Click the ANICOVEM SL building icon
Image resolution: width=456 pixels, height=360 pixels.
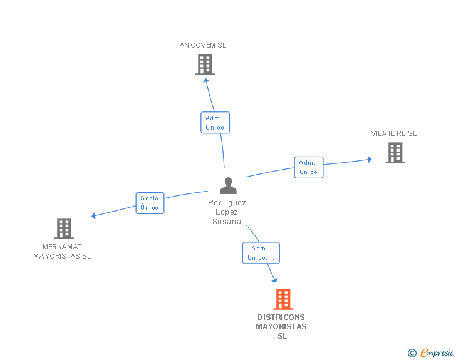click(205, 64)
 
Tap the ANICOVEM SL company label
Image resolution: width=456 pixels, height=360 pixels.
click(203, 45)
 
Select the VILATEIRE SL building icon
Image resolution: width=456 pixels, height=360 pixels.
click(395, 153)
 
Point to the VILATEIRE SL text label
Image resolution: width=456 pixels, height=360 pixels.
click(394, 133)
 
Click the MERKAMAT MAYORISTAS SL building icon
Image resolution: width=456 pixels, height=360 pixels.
click(64, 229)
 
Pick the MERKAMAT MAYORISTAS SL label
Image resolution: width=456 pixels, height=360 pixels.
click(62, 251)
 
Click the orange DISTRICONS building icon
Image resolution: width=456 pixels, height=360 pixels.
click(283, 299)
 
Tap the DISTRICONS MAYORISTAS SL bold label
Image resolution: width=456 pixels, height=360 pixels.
click(281, 327)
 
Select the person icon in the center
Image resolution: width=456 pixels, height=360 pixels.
click(228, 185)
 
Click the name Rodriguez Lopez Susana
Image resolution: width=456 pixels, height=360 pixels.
click(227, 212)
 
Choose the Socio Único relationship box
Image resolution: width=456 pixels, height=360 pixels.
click(150, 203)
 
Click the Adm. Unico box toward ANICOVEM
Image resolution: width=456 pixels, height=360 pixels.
click(215, 123)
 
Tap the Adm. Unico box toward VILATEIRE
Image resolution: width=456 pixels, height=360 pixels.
click(309, 167)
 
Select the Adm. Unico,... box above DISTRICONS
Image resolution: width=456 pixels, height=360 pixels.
click(261, 253)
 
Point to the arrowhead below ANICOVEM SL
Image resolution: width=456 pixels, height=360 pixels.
click(206, 81)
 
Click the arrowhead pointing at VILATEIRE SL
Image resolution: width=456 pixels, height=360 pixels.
click(370, 160)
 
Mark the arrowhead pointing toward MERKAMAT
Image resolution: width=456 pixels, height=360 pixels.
click(94, 215)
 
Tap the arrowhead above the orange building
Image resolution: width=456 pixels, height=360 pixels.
click(274, 280)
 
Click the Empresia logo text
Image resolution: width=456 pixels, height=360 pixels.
click(437, 352)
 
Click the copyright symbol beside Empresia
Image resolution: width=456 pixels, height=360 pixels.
click(412, 353)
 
